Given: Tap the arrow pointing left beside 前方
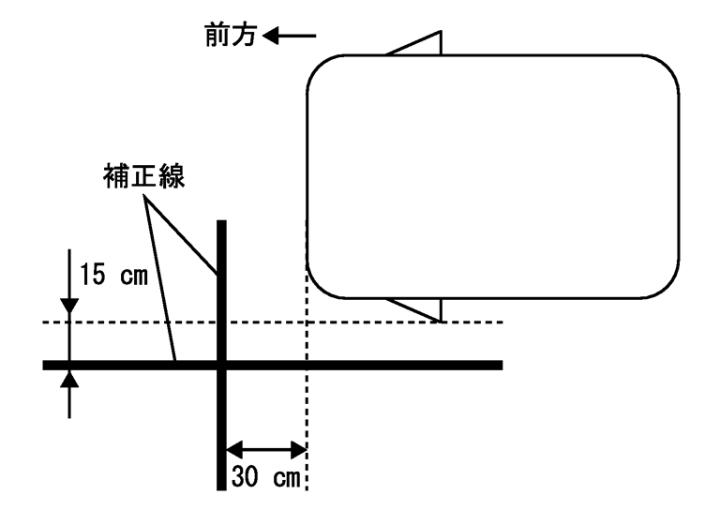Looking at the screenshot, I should click(x=291, y=37).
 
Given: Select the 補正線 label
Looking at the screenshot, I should click(x=144, y=177).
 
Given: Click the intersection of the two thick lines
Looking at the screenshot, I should click(x=222, y=364).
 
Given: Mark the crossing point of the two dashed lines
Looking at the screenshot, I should click(x=307, y=322).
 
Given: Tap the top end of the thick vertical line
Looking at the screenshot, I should click(x=222, y=222).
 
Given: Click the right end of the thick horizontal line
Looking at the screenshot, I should click(x=501, y=364).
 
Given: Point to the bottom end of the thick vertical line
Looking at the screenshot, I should click(x=222, y=487).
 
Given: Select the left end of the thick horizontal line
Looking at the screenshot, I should click(x=46, y=364).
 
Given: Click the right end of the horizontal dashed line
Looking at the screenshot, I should click(x=502, y=322).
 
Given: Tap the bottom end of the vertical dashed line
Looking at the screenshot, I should click(x=307, y=487).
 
